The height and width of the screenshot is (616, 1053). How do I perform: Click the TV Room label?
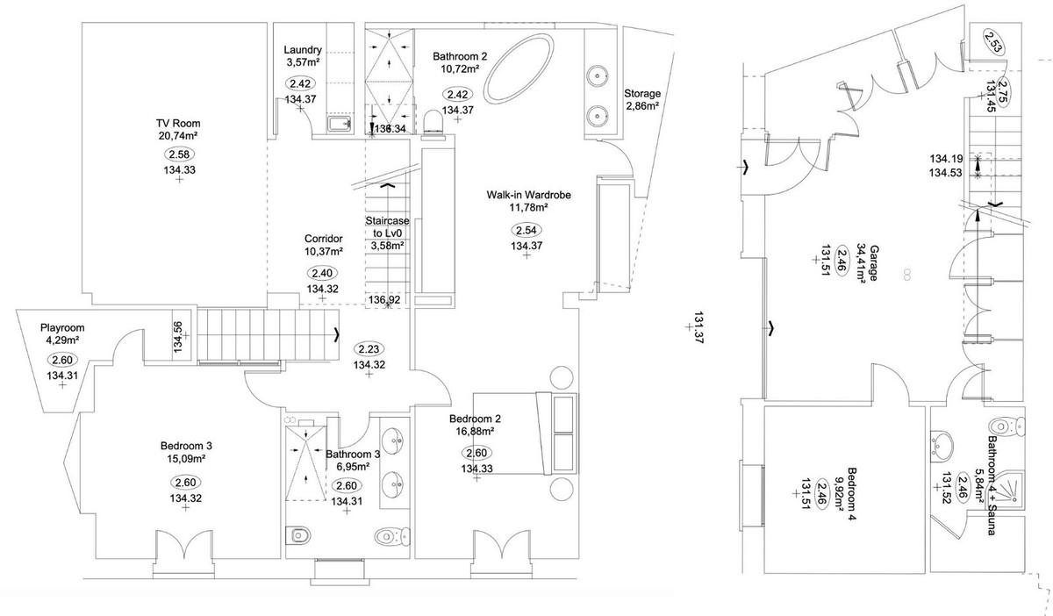(178, 123)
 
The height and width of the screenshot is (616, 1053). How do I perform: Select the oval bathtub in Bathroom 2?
(519, 68)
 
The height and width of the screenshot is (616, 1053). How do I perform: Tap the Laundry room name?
(303, 50)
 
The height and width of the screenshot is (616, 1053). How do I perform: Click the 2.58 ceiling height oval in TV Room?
(179, 154)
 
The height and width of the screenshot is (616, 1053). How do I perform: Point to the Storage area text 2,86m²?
(641, 106)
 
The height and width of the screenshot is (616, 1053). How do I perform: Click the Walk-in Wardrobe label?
(528, 195)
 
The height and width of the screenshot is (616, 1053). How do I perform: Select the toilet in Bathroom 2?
(433, 123)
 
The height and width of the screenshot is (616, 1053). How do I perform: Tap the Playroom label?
(62, 328)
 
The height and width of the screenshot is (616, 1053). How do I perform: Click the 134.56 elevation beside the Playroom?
(177, 337)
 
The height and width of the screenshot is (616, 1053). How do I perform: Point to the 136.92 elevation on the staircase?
(384, 299)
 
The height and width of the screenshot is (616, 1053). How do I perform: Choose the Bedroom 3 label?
(186, 445)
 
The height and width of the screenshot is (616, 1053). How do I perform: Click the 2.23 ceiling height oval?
(369, 349)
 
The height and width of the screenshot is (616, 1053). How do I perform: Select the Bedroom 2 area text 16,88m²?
(475, 431)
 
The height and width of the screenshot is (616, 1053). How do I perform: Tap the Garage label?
(873, 262)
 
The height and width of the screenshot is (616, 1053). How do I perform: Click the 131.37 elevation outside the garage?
(699, 328)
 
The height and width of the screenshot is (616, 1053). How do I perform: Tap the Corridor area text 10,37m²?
(324, 251)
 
